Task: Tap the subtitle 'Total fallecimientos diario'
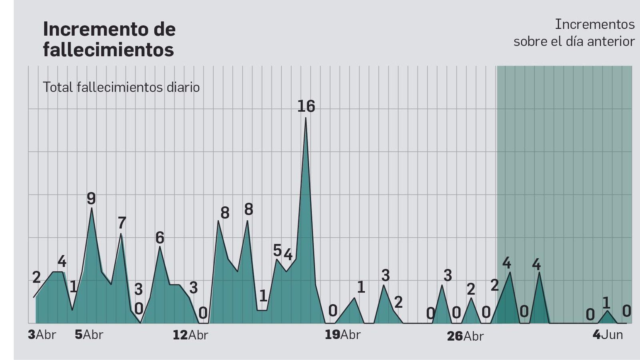121,87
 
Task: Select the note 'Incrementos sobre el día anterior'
574,33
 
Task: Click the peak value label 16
306,106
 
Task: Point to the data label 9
91,199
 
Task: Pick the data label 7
122,223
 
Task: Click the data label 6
160,238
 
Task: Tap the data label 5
277,250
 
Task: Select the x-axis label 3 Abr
42,335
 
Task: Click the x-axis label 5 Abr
89,335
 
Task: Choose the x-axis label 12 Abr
190,335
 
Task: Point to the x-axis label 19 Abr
342,335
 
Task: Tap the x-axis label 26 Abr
465,336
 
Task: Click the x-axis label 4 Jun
608,335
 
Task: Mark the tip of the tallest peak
306,118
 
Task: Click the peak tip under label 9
92,208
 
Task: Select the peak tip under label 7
121,234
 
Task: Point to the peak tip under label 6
160,246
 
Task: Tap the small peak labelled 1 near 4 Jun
608,311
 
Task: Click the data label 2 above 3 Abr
36,277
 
